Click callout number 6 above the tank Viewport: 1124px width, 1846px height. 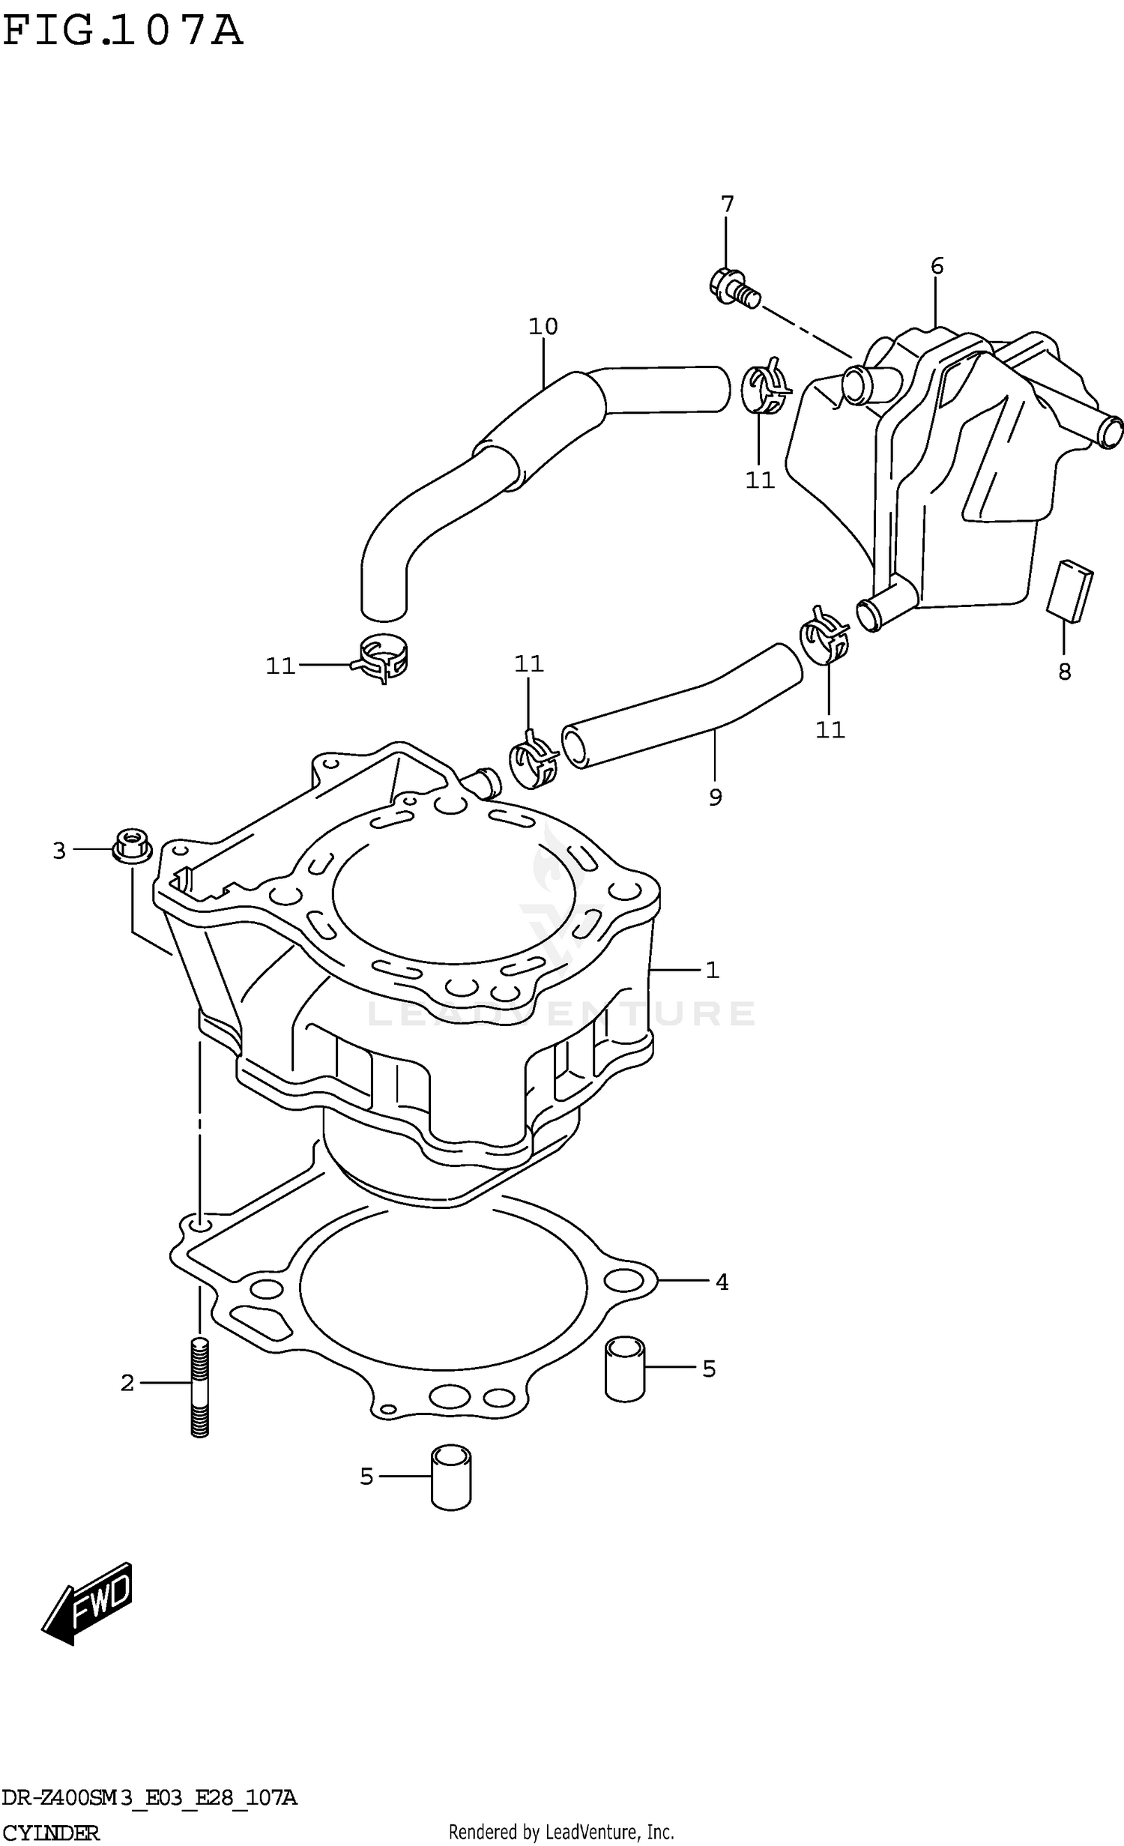[937, 266]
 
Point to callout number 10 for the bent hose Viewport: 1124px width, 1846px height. [543, 327]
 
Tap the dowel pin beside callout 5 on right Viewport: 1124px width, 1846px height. [624, 1369]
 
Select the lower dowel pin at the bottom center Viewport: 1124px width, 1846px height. [451, 1477]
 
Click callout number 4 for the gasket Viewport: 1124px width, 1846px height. [722, 1282]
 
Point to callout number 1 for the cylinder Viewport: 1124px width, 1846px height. [712, 971]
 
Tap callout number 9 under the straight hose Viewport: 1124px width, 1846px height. [715, 797]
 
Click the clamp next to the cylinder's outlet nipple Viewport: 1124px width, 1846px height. [533, 762]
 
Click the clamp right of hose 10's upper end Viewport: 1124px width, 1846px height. [764, 387]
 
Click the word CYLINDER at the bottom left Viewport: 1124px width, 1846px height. [49, 1833]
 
